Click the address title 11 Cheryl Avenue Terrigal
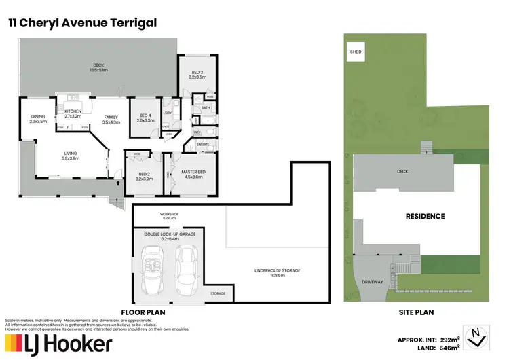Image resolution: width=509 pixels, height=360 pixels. coord(82,23)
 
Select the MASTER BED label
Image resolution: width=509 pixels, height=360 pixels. coord(193,174)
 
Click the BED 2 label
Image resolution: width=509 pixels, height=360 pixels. coord(145,176)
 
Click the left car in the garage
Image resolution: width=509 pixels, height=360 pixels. coord(153,266)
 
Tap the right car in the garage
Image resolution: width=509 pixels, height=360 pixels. coord(186,266)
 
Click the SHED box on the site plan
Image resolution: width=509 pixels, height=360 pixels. coord(355,52)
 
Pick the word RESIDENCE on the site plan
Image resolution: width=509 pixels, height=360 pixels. coord(425,216)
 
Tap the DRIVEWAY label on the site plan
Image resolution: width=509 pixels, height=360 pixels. coord(373,281)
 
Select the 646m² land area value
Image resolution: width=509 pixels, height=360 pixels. coord(441,348)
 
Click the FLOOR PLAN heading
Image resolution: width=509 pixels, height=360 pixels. coord(143,312)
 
